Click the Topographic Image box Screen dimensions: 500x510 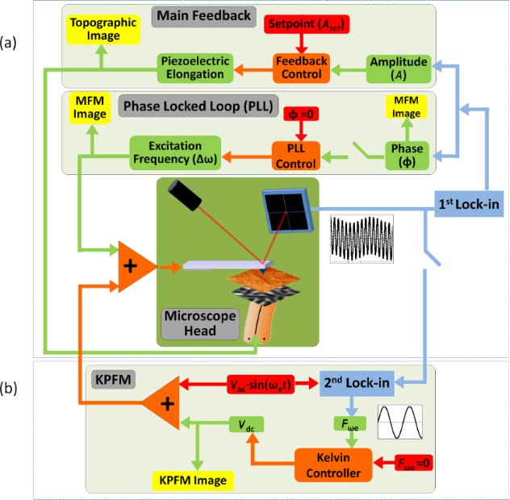(x=96, y=30)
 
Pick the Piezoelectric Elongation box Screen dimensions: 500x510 (x=194, y=68)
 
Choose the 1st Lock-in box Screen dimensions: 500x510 (x=470, y=205)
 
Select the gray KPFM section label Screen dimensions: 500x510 (x=110, y=376)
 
